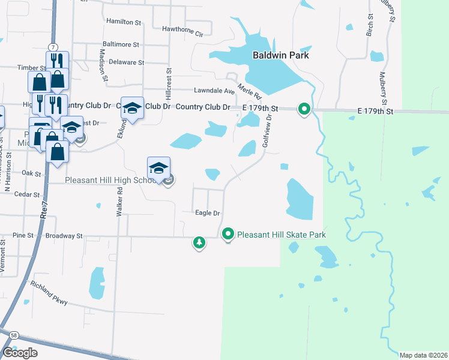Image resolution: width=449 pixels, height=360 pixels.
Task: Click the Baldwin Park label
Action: point(280,55)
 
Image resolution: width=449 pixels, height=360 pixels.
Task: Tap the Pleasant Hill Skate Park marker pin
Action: point(228,234)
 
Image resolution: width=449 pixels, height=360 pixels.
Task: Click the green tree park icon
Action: point(199,242)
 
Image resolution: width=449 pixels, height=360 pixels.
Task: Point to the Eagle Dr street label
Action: point(208,213)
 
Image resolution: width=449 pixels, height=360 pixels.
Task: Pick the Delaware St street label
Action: point(126,62)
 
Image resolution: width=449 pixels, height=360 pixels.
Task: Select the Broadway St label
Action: point(62,236)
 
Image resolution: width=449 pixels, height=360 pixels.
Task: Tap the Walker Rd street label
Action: point(120,202)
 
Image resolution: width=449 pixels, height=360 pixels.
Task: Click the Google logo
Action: point(20,352)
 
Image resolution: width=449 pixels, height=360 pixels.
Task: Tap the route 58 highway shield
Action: point(13,335)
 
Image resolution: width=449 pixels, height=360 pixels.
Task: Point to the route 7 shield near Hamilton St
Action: point(53,47)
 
